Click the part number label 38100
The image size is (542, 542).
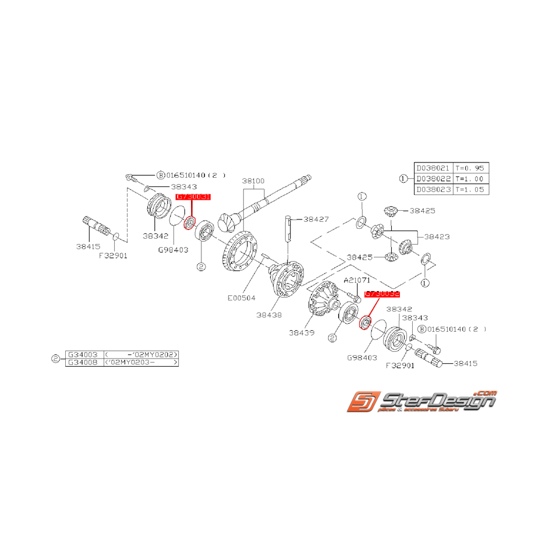[x=253, y=181]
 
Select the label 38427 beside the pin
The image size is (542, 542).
[x=316, y=219]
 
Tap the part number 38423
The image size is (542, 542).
[x=437, y=237]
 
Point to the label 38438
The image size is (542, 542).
[x=268, y=315]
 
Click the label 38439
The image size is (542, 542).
[x=302, y=333]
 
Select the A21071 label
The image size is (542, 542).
[x=356, y=280]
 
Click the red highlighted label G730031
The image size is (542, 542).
[x=193, y=197]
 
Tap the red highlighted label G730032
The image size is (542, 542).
[x=382, y=295]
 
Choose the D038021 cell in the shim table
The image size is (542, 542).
[x=432, y=167]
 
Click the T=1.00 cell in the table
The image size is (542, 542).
[x=469, y=178]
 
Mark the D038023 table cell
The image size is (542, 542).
[x=432, y=189]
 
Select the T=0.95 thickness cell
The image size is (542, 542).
[x=469, y=167]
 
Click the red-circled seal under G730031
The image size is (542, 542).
[x=189, y=224]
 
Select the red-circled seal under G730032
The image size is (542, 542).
[x=367, y=321]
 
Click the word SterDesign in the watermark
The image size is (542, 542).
[x=437, y=401]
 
